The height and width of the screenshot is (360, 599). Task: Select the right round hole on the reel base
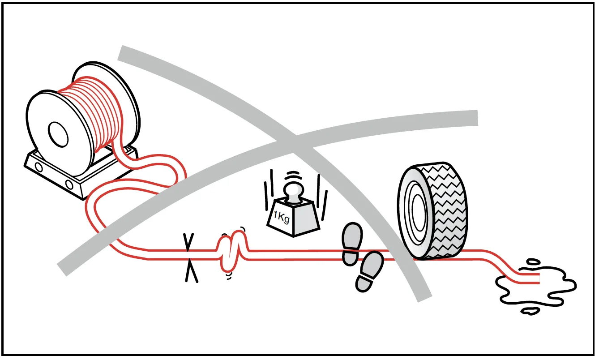tap(69, 184)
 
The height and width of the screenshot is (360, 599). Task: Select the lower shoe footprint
tap(369, 271)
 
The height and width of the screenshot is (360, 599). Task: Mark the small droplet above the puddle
tap(532, 262)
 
